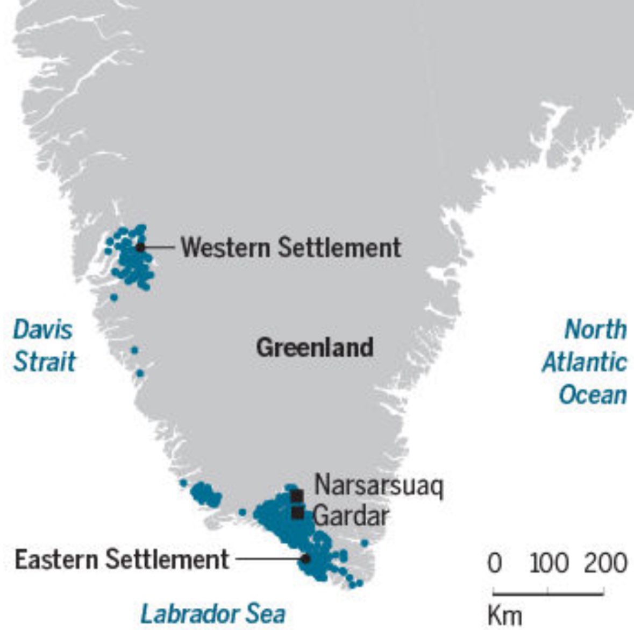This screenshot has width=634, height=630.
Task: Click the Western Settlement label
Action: [291, 247]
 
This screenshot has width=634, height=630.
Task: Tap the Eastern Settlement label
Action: [122, 560]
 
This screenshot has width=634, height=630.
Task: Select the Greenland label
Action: [315, 347]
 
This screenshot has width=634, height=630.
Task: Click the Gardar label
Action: [351, 516]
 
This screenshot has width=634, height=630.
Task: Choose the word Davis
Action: [42, 329]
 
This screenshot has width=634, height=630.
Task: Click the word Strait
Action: [44, 362]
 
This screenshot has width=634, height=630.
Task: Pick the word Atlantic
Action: [584, 362]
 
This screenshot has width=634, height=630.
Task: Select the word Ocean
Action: [593, 394]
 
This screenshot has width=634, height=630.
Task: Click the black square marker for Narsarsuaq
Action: [297, 495]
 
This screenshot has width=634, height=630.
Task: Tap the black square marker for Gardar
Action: [297, 513]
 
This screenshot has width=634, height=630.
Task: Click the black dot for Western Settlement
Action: [140, 247]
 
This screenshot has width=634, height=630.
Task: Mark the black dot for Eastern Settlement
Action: [305, 558]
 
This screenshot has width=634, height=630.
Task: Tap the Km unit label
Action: [505, 614]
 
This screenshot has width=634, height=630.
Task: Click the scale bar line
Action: [548, 593]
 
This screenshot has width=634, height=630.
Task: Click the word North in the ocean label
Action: [595, 329]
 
